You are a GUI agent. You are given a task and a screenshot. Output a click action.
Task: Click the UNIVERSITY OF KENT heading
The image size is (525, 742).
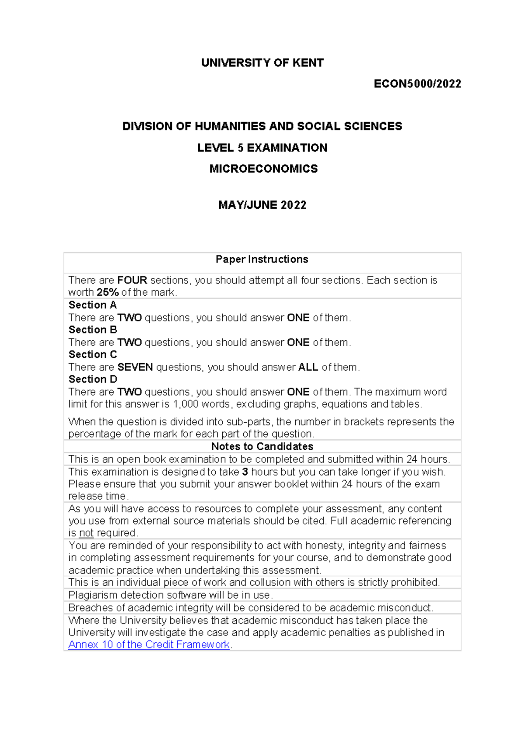tap(262, 63)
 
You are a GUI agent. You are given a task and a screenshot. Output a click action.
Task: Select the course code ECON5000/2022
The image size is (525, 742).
tap(417, 84)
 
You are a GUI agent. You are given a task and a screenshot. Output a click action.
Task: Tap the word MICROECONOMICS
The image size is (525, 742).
tap(263, 169)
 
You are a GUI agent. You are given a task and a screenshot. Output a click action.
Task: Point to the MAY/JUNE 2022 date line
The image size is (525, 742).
tap(262, 205)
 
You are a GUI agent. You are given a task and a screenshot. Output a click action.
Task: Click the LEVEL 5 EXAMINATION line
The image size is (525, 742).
tap(262, 148)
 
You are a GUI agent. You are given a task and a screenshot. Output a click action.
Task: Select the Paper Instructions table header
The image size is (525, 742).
tap(262, 259)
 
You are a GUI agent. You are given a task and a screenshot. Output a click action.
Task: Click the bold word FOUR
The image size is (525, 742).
tap(132, 280)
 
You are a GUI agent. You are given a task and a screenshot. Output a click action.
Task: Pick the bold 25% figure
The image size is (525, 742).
tap(108, 293)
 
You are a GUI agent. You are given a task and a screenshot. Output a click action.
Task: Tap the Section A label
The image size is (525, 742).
tap(92, 305)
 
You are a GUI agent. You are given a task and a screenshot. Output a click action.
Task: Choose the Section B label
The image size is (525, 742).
tap(93, 330)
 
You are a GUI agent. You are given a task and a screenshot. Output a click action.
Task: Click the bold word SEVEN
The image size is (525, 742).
tap(135, 367)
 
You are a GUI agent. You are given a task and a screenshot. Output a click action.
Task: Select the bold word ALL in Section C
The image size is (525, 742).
tap(308, 367)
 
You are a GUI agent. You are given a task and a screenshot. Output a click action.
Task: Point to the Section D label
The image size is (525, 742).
tap(93, 379)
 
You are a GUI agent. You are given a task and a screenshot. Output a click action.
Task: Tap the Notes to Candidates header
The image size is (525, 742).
tap(262, 447)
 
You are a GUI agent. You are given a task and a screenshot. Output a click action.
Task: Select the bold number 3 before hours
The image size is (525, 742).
tap(245, 472)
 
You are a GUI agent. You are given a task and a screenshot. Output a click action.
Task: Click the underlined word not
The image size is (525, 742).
tap(86, 533)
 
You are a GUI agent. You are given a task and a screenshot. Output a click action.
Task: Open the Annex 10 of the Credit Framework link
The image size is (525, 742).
tap(149, 645)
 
